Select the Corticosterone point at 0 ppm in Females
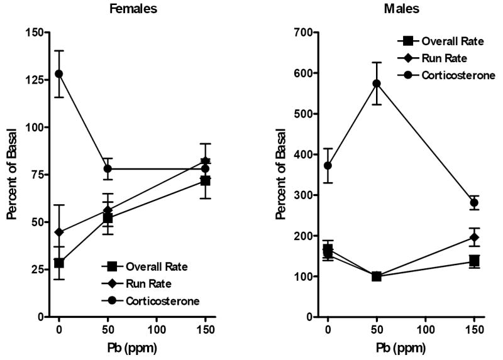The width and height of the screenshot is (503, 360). (x=59, y=74)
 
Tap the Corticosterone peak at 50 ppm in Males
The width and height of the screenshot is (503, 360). (x=376, y=83)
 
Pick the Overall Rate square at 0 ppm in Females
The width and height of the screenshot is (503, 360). (x=59, y=263)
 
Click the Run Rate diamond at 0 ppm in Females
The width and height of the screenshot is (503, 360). (x=59, y=232)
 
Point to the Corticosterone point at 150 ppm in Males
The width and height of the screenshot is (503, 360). (x=474, y=202)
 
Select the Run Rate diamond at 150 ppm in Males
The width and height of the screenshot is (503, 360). (x=474, y=237)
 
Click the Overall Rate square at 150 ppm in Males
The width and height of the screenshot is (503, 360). (x=474, y=261)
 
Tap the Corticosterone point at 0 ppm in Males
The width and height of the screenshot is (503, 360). (x=328, y=165)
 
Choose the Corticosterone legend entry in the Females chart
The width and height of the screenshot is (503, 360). (x=157, y=301)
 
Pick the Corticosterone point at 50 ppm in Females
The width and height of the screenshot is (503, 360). (x=108, y=168)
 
